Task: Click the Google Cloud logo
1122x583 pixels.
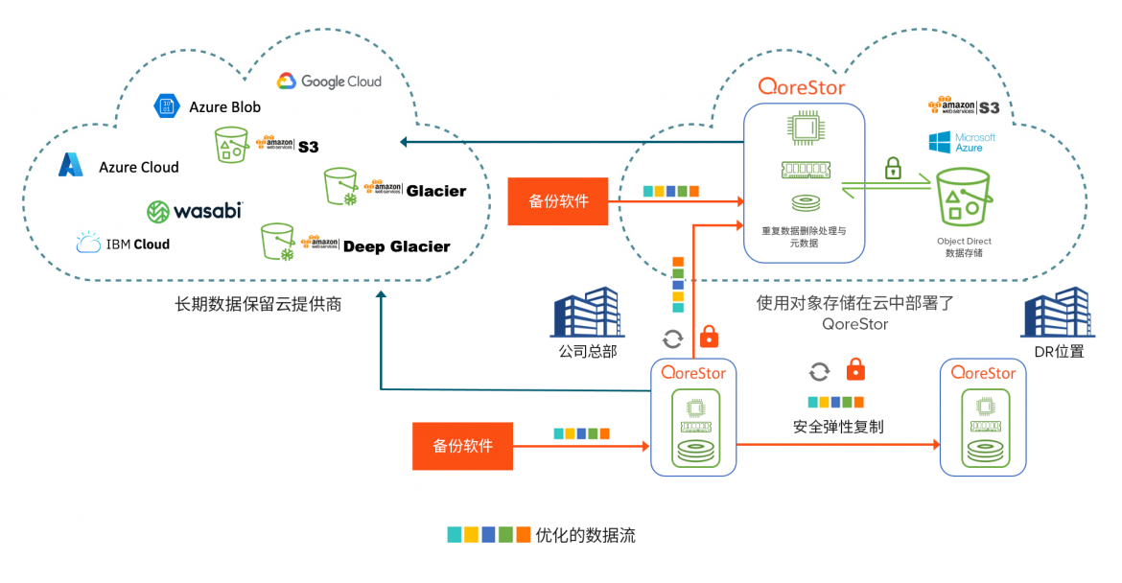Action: [x=329, y=82]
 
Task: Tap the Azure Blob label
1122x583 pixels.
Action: [x=224, y=107]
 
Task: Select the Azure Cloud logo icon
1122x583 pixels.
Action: [x=71, y=166]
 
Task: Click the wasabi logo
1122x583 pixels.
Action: [x=195, y=210]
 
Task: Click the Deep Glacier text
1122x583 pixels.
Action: [x=396, y=246]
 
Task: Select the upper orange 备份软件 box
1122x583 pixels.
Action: [x=558, y=201]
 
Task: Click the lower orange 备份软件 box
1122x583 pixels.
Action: [x=462, y=446]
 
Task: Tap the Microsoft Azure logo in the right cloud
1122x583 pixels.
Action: [x=962, y=143]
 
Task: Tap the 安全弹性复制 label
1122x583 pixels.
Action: [x=838, y=427]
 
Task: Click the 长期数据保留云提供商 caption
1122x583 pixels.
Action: [x=258, y=305]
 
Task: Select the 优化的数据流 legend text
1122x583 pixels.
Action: [x=585, y=535]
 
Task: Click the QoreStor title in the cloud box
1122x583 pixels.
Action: [x=802, y=87]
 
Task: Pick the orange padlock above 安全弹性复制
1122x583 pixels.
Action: [x=855, y=370]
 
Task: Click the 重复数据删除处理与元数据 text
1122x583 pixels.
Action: [x=804, y=237]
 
